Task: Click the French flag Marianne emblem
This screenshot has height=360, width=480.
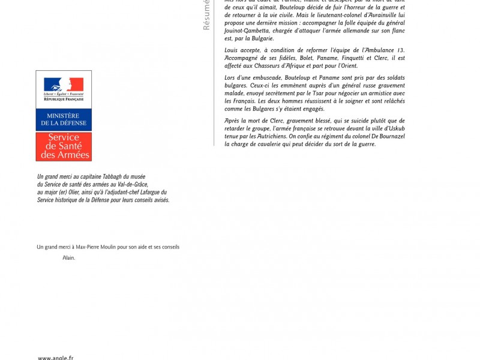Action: tap(64, 85)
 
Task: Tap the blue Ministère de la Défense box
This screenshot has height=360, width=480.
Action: tap(64, 119)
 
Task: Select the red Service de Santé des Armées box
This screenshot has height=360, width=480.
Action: tap(64, 146)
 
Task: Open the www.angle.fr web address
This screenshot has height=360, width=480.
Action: tap(56, 358)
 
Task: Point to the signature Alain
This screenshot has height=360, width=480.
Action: tap(69, 258)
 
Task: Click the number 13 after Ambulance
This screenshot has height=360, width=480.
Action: tap(401, 50)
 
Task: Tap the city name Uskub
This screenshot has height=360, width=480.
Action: tap(395, 128)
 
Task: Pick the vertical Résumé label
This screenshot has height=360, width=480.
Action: tap(206, 15)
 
